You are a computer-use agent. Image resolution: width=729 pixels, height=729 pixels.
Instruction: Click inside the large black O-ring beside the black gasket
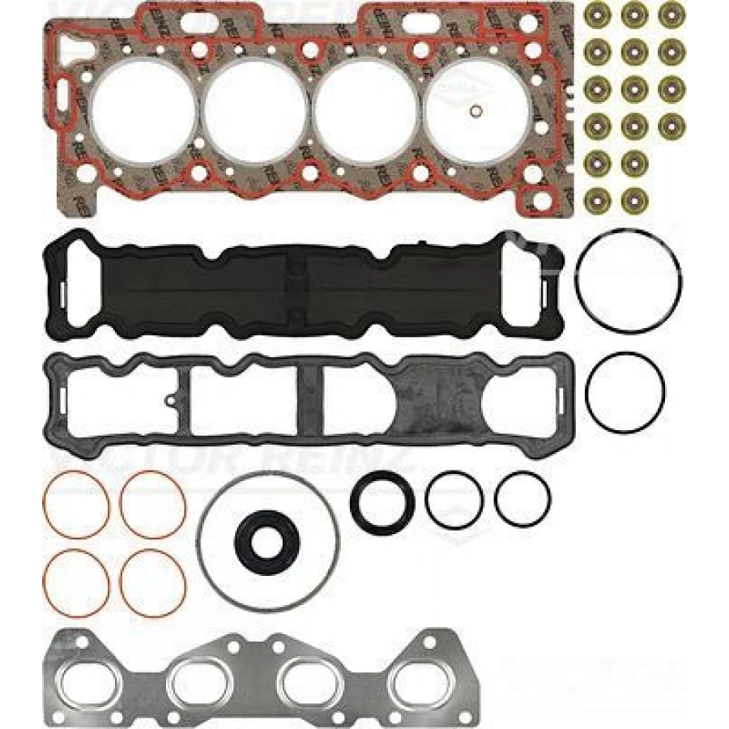pos(629,279)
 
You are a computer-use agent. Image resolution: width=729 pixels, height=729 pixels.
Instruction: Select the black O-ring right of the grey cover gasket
pos(625,391)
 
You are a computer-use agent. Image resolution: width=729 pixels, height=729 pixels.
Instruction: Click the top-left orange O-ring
pos(75,505)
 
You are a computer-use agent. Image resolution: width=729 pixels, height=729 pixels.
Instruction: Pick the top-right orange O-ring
pos(153,505)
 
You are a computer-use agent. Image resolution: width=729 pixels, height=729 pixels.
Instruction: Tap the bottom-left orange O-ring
pos(75,582)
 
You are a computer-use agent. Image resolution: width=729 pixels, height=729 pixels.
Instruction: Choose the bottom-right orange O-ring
pos(153,582)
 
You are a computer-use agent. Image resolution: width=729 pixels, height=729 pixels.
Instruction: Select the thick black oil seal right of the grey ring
pos(382,498)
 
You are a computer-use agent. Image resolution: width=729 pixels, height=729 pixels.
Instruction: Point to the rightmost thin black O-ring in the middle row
pos(522,498)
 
